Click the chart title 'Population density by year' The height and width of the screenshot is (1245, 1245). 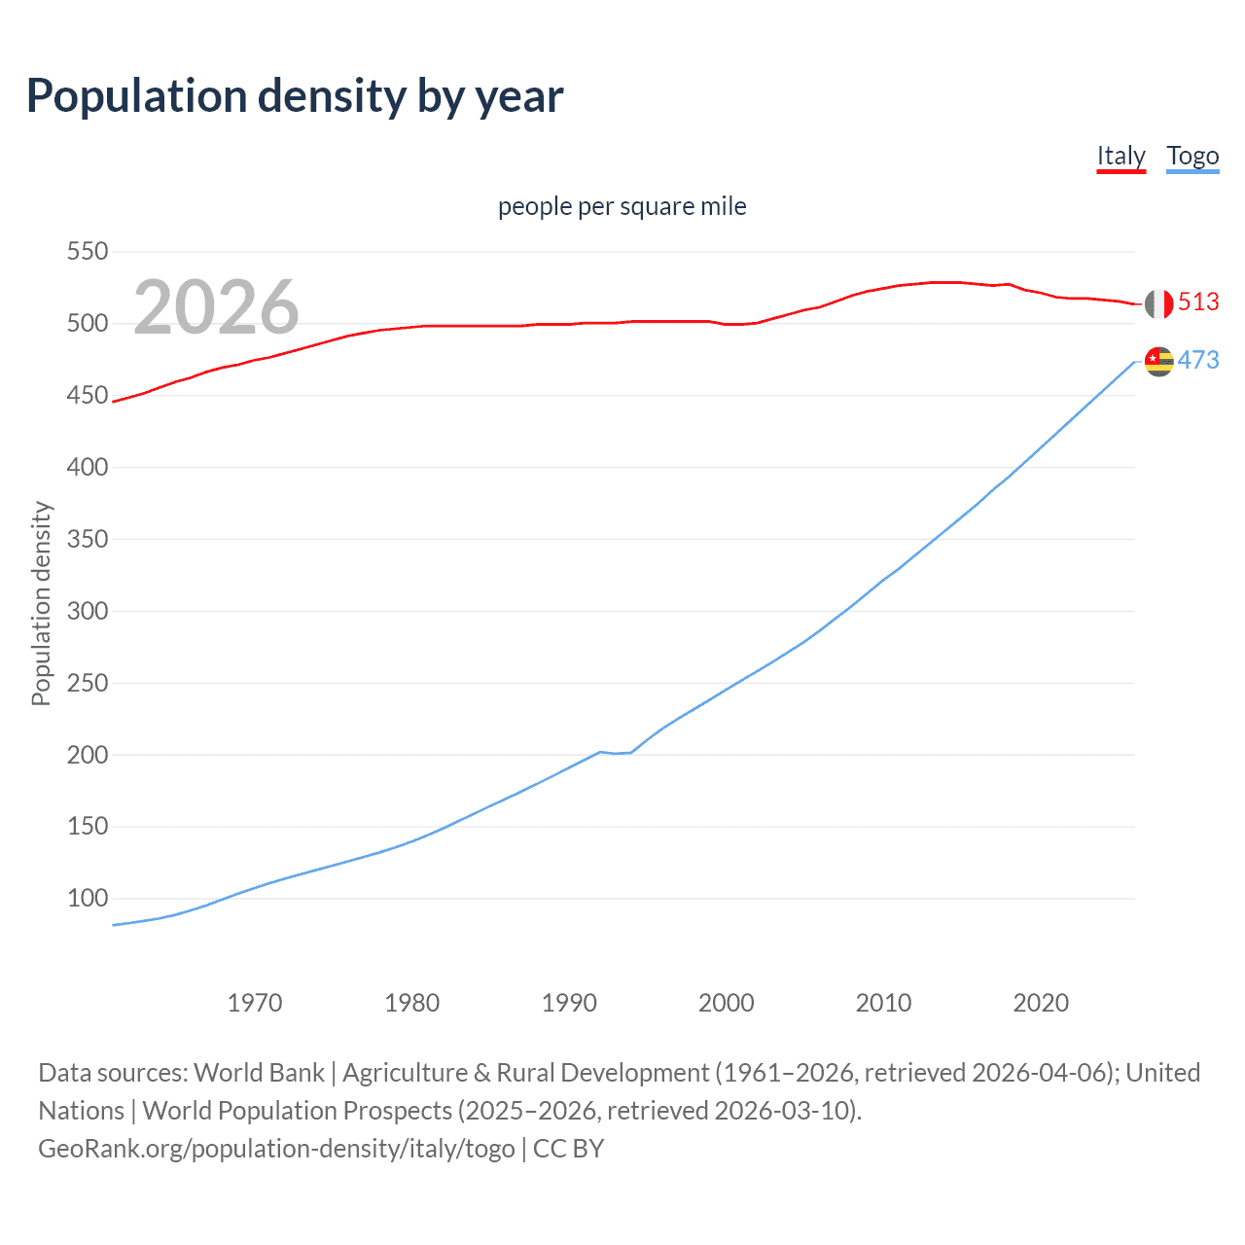(x=295, y=96)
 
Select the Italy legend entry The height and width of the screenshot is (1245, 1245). (x=1120, y=156)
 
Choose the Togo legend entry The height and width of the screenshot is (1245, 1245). (x=1192, y=156)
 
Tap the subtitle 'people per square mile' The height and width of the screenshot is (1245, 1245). (x=622, y=206)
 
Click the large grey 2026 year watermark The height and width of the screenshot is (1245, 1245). (x=216, y=307)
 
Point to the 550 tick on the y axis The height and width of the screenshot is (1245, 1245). (x=87, y=252)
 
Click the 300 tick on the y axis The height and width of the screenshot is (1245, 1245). (x=87, y=611)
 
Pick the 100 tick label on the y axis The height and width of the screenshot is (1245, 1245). (x=87, y=898)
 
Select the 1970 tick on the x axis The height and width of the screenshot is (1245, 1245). (x=255, y=1003)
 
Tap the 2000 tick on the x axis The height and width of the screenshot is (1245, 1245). (x=727, y=1003)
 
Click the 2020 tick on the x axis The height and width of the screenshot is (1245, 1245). (x=1041, y=1003)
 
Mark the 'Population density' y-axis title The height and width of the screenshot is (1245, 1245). (x=41, y=603)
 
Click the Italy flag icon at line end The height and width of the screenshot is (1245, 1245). (x=1158, y=303)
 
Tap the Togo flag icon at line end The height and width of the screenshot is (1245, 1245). (x=1158, y=361)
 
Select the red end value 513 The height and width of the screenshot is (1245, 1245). (x=1198, y=302)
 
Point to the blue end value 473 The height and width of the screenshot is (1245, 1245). (x=1198, y=361)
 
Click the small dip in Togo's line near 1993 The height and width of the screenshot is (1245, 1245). (x=616, y=753)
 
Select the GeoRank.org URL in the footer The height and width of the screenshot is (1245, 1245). (x=276, y=1149)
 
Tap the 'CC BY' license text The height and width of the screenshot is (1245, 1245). (x=569, y=1149)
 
